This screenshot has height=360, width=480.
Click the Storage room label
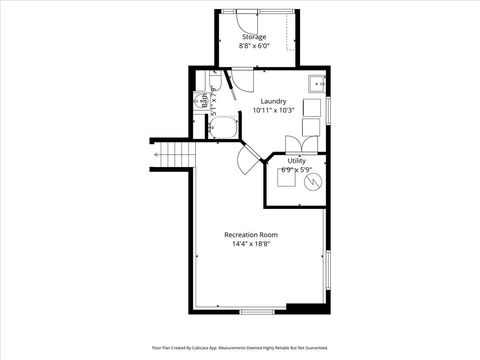pyautogui.click(x=253, y=37)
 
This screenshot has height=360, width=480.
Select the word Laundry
pyautogui.click(x=273, y=101)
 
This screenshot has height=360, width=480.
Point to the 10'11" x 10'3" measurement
pyautogui.click(x=273, y=110)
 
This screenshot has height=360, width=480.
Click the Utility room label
pyautogui.click(x=297, y=161)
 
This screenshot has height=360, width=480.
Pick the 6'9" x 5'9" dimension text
pyautogui.click(x=297, y=170)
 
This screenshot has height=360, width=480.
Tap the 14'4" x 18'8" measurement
pyautogui.click(x=251, y=244)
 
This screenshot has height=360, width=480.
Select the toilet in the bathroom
pyautogui.click(x=203, y=100)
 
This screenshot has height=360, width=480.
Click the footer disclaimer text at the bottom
pyautogui.click(x=240, y=347)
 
